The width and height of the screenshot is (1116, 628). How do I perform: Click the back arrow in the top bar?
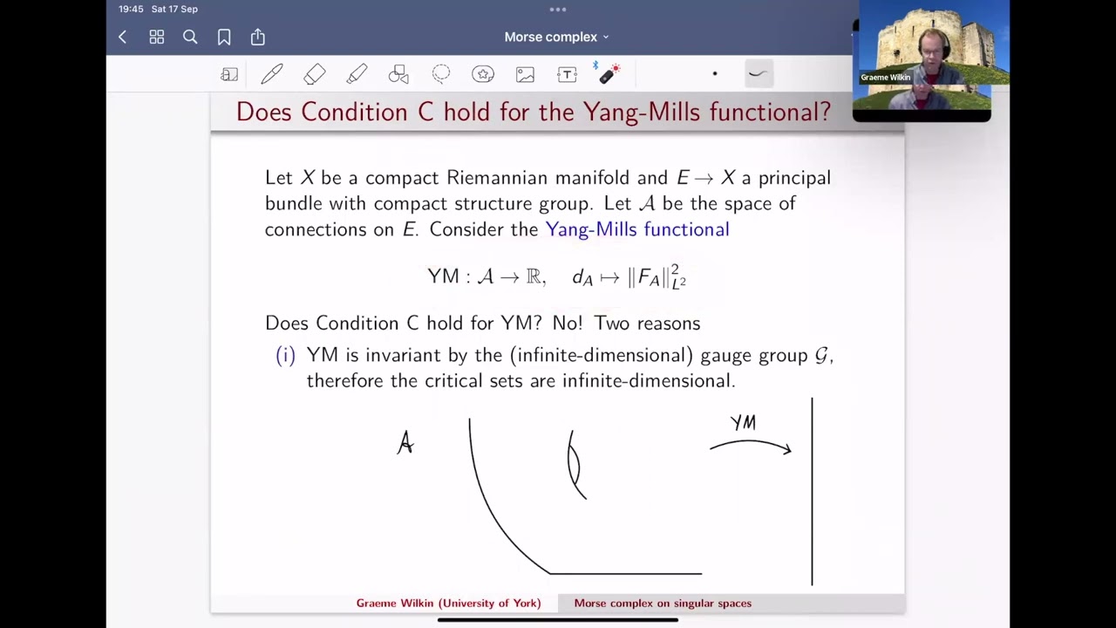[123, 37]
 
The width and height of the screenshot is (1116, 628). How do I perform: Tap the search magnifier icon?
[190, 37]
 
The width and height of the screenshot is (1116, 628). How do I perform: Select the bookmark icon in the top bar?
[224, 37]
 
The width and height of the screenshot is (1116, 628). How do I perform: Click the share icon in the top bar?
[258, 37]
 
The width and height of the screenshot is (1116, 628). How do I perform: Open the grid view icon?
[157, 37]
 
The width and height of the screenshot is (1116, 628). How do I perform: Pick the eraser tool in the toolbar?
[314, 75]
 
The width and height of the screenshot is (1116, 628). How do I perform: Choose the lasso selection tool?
[441, 74]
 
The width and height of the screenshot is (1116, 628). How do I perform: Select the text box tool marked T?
[567, 75]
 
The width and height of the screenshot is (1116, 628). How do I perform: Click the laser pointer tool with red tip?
[609, 73]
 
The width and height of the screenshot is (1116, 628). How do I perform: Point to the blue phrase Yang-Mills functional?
[637, 229]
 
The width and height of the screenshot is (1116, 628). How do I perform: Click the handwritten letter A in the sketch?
[405, 444]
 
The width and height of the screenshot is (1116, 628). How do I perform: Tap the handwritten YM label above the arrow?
[743, 423]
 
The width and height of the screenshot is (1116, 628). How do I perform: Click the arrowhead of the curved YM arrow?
[787, 450]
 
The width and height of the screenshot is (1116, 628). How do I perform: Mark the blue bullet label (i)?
[286, 356]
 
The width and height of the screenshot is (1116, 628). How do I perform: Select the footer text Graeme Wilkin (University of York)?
[448, 604]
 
